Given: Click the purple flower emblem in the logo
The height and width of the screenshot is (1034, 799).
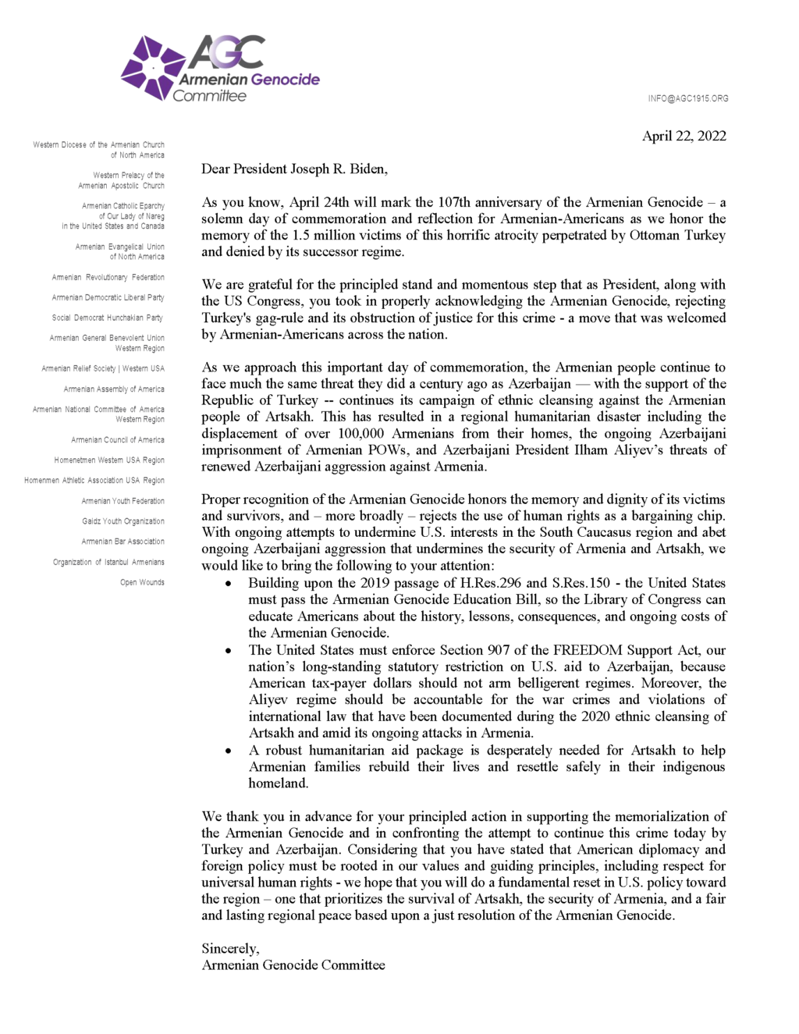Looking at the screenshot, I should (153, 68).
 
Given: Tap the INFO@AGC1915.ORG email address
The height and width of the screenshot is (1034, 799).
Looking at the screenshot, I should (687, 98).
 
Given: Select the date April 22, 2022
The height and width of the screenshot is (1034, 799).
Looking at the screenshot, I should (684, 136).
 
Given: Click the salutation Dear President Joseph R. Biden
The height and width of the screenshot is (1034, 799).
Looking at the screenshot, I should (294, 169).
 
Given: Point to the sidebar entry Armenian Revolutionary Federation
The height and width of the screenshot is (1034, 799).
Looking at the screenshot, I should (108, 277).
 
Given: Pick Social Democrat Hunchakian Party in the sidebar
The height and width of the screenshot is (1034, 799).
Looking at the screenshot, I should (107, 318).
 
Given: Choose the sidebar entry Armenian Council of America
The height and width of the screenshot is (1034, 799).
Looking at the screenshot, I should (117, 439).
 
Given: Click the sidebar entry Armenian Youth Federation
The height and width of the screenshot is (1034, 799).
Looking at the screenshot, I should (123, 501).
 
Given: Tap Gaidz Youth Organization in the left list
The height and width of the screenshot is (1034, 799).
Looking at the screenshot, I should (123, 521).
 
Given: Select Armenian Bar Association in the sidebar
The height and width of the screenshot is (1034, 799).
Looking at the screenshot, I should (123, 542).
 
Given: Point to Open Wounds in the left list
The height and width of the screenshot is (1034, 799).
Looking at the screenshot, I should (142, 582).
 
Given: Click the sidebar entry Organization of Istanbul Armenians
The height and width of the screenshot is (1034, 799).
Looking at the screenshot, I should (108, 562).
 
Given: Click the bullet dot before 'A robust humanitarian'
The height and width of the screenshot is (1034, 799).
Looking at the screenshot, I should (228, 751).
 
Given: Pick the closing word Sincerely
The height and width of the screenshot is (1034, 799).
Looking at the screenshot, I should (230, 948).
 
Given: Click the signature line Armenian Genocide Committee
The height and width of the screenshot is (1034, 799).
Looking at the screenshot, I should (293, 965).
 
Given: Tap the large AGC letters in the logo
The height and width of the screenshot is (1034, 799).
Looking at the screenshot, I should (227, 52).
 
